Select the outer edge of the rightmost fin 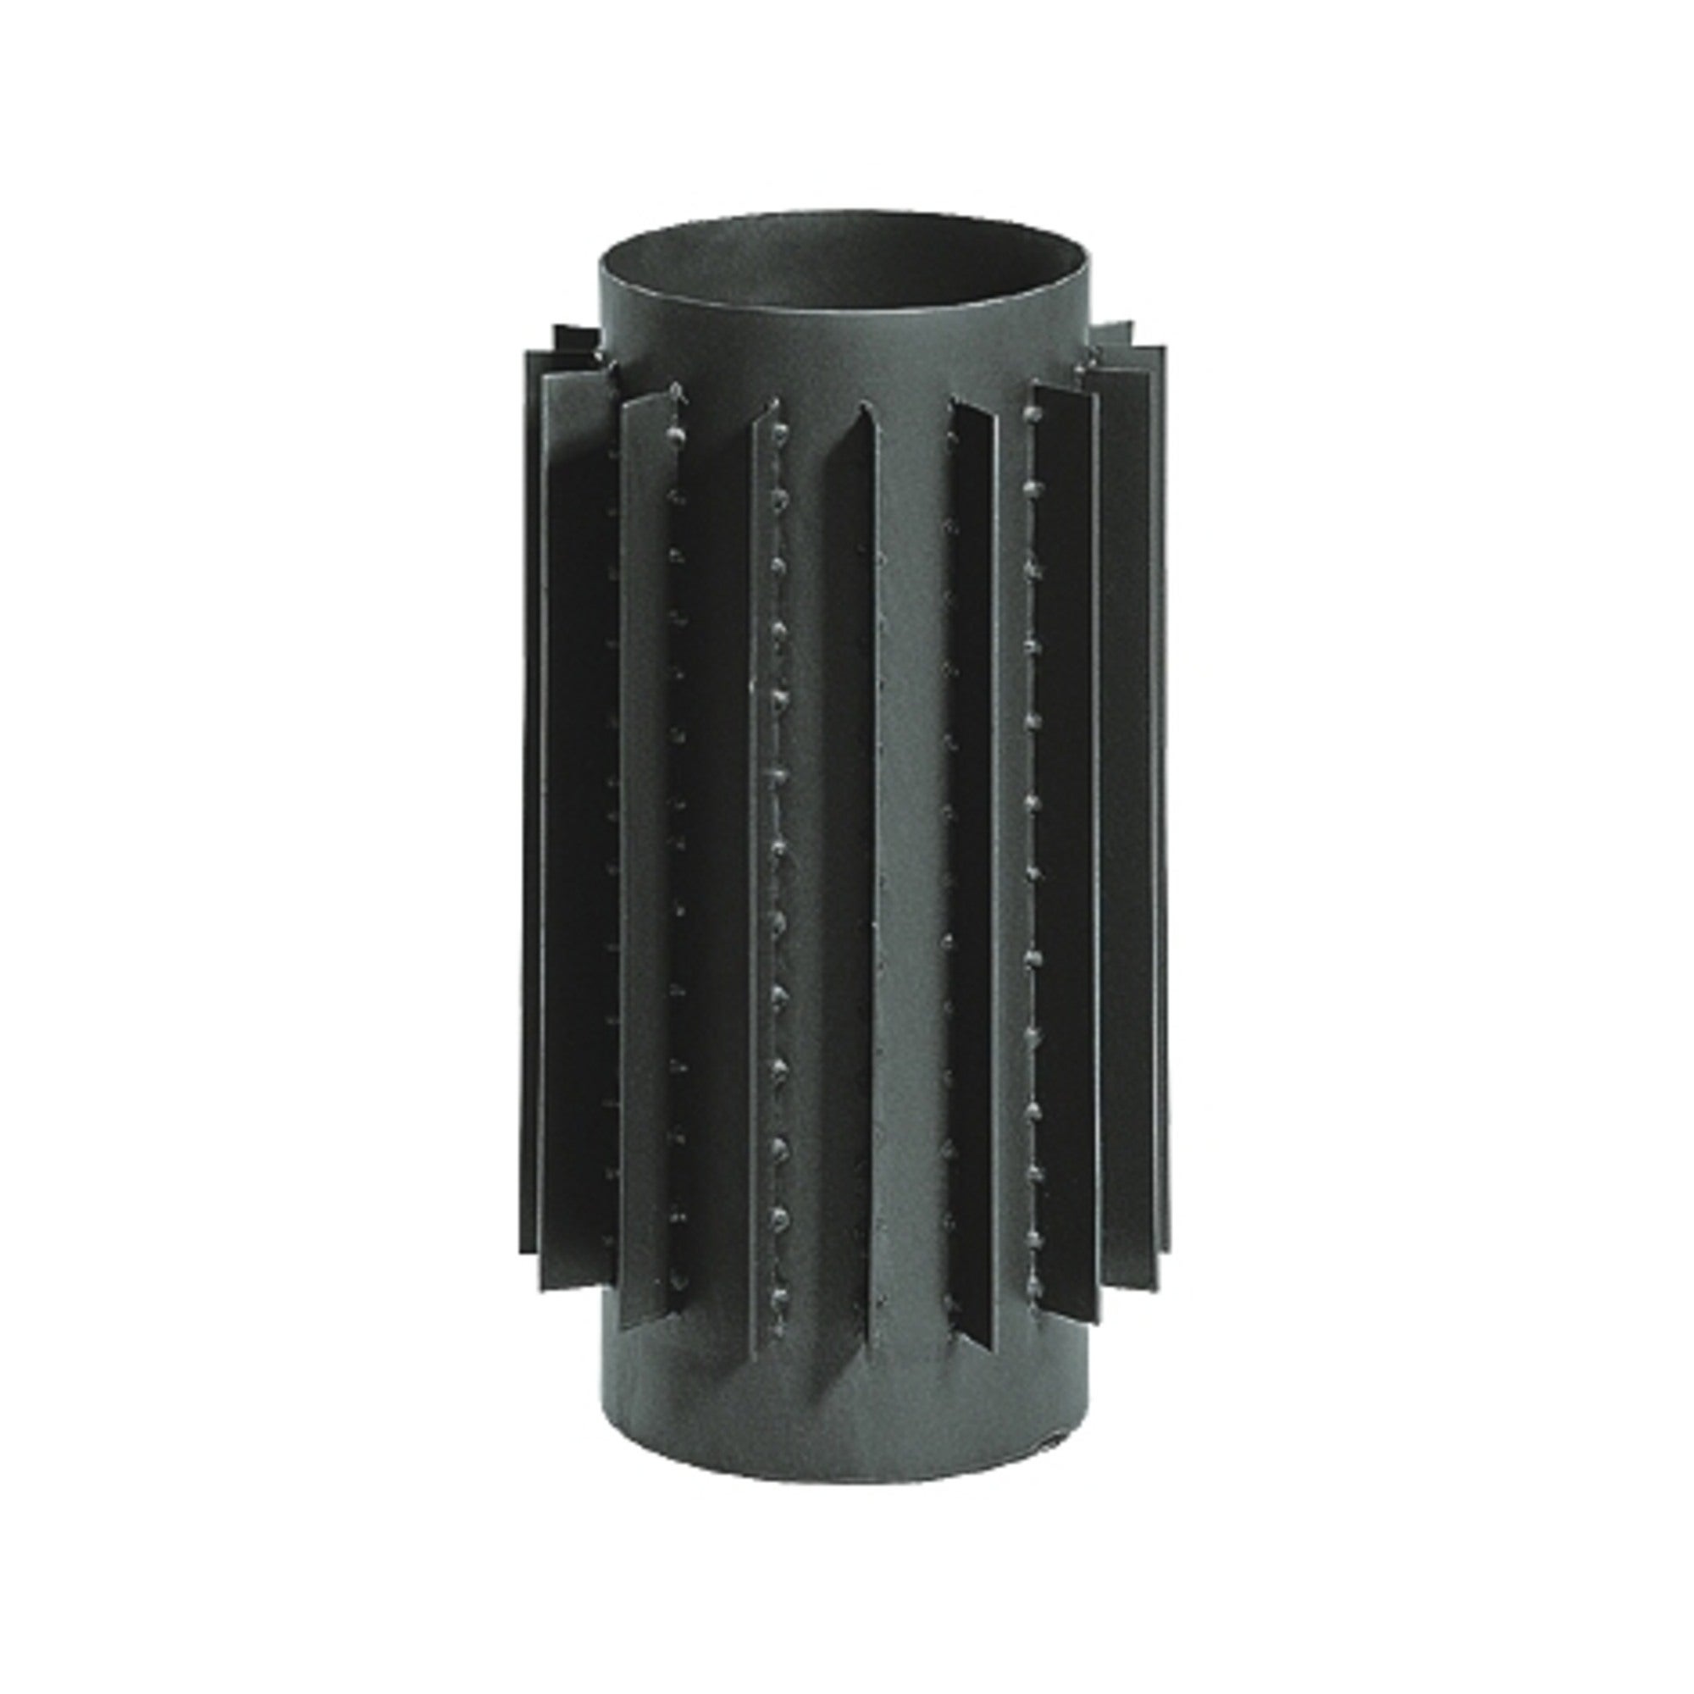[x=1167, y=789]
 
